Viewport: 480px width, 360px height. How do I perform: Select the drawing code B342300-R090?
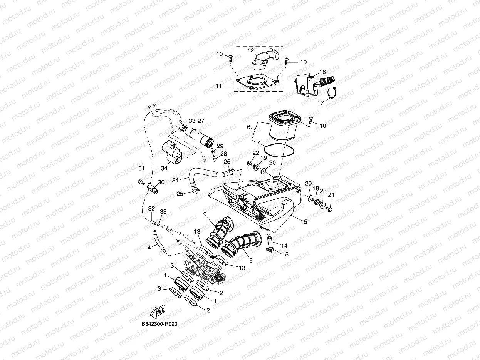(x=159, y=324)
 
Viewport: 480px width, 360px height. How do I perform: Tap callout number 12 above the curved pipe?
(x=250, y=50)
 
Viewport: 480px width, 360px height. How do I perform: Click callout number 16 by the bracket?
(x=322, y=72)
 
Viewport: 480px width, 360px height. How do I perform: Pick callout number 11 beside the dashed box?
(x=218, y=86)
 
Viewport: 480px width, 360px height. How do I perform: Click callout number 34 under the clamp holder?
(x=164, y=168)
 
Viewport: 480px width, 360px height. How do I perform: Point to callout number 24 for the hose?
(x=175, y=180)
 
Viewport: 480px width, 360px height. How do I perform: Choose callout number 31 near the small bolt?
(x=141, y=168)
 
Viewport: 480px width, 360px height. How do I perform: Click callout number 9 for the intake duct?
(x=205, y=214)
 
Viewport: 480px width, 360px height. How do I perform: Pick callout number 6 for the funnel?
(x=249, y=127)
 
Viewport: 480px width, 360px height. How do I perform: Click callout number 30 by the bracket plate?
(x=161, y=182)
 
